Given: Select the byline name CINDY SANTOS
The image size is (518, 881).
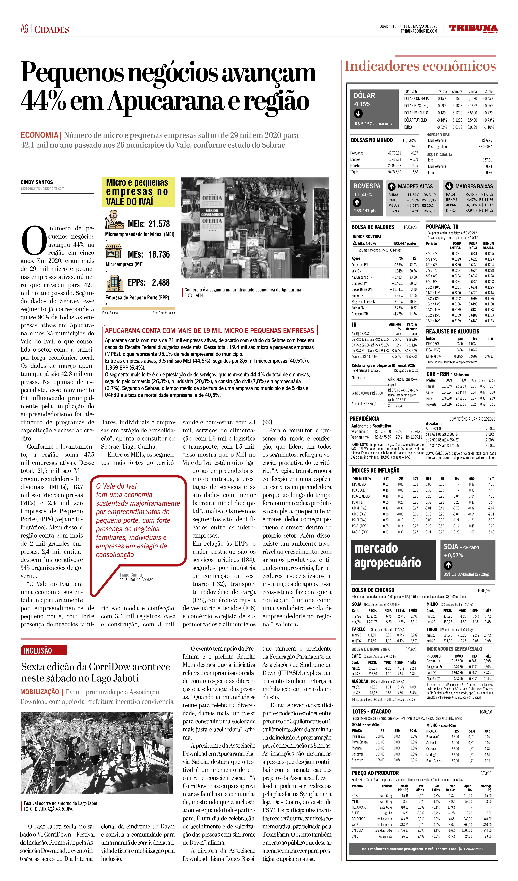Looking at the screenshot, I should [x=37, y=182].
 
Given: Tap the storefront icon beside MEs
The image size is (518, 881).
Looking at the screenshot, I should [x=113, y=251].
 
